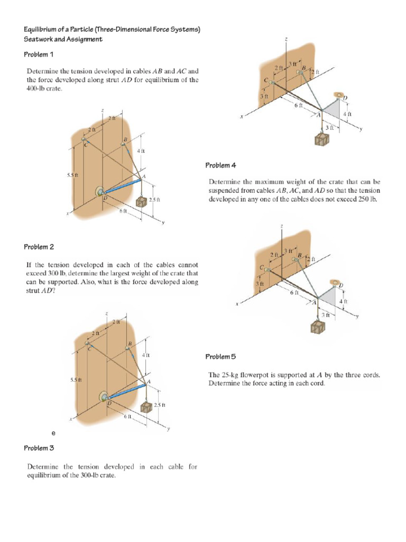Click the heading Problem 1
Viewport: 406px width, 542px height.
point(39,55)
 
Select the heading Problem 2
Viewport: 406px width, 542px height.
point(39,247)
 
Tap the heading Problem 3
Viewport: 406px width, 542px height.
point(39,448)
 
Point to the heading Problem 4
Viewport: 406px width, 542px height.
point(220,166)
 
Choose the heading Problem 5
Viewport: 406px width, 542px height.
point(220,357)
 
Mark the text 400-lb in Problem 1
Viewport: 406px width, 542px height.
point(36,89)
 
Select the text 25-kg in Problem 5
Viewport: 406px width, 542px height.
point(231,375)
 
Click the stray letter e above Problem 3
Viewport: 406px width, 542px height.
point(53,433)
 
